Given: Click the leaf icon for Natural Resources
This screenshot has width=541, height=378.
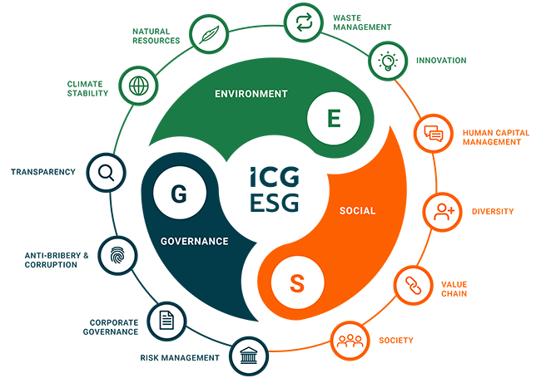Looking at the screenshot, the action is point(209,34).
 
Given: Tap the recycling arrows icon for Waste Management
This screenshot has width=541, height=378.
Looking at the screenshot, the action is point(304,22).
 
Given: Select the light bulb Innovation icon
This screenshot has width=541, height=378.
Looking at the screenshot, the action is point(388,61).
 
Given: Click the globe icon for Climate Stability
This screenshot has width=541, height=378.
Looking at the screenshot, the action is point(138,86).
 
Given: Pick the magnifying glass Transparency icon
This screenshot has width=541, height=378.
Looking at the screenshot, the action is point(106,172).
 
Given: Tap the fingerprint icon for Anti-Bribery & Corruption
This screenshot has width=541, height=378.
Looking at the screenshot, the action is point(117,255).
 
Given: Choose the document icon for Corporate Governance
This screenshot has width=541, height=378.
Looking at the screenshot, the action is point(166,321).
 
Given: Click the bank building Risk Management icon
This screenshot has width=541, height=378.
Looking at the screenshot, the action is point(249,356).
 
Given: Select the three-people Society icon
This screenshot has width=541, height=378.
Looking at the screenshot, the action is point(350,341).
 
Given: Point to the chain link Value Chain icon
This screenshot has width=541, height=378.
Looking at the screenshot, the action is point(414,286).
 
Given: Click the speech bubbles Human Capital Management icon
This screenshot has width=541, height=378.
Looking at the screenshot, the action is point(434,133).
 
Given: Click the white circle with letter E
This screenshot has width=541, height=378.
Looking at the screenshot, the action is point(334,118).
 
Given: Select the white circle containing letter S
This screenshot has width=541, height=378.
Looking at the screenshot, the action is point(297,282).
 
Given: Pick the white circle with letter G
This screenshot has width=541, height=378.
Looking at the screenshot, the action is point(180,193).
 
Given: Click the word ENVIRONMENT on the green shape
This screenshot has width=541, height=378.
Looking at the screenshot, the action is point(251,94).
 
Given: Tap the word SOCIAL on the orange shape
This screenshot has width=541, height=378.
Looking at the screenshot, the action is point(357,211).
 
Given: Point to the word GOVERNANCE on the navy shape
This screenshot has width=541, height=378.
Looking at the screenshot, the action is point(195,241).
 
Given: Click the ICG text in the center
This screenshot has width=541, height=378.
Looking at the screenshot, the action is point(275,177).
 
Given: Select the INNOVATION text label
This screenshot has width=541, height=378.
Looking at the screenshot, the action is point(441,61).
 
